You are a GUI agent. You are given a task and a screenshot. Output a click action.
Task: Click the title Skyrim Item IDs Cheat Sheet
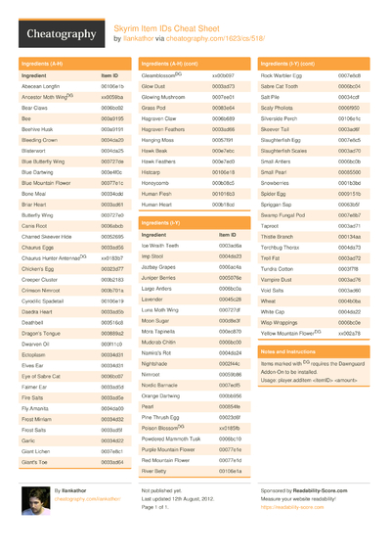point(167,28)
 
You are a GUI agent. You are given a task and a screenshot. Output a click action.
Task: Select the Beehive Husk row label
point(39,127)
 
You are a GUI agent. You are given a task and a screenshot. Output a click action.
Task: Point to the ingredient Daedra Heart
point(38,310)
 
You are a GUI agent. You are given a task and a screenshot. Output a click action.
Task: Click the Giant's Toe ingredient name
point(35,461)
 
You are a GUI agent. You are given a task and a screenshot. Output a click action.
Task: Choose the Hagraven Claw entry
point(163,118)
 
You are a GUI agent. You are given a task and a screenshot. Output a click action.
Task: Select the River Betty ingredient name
point(157,471)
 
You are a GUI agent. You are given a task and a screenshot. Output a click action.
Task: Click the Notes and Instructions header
point(290,350)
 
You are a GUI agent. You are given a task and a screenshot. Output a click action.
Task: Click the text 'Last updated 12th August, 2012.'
point(178,498)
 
